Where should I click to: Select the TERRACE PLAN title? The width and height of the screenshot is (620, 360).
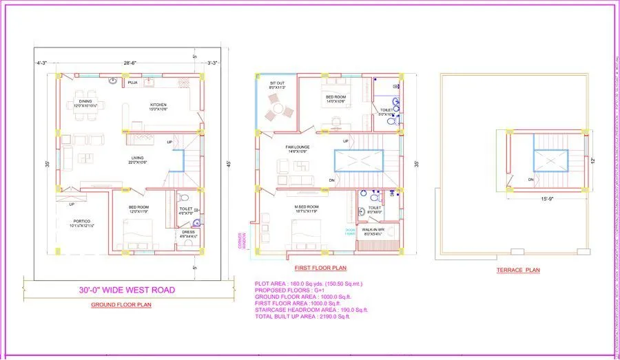(518, 270)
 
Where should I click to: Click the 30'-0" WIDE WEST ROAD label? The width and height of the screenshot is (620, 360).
(127, 290)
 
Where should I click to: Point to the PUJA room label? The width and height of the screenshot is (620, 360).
(132, 83)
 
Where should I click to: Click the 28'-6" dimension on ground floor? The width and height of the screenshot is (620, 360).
(131, 63)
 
